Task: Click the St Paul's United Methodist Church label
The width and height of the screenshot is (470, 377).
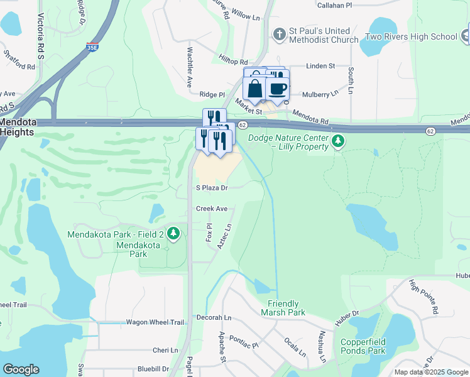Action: (x=324, y=36)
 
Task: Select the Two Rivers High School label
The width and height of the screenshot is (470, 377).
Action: (x=412, y=36)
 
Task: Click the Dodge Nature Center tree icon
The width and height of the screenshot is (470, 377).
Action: (x=339, y=141)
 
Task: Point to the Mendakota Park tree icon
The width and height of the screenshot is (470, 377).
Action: (x=174, y=234)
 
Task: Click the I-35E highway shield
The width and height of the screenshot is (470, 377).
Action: (x=92, y=47)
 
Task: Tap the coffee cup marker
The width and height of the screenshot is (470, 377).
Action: (x=277, y=89)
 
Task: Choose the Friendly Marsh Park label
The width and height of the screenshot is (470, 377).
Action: (x=283, y=308)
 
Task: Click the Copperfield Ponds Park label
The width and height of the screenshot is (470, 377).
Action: (x=363, y=346)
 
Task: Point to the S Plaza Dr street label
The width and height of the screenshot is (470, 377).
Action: (x=211, y=187)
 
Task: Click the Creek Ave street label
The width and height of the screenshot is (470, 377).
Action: (x=211, y=209)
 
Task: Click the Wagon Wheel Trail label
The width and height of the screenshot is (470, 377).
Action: (x=155, y=322)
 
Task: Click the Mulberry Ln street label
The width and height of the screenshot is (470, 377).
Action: (x=320, y=94)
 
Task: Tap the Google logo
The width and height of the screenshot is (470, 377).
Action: (x=21, y=369)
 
